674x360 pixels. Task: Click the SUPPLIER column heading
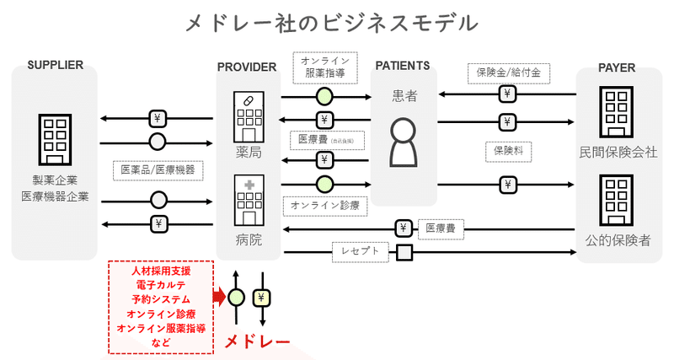pos(55,66)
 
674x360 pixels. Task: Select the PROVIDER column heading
pos(247,67)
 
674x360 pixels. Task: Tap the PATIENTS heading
pos(403,66)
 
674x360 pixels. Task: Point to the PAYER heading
pos(617,67)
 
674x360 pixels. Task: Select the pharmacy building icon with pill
pos(249,116)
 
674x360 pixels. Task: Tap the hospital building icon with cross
pos(249,201)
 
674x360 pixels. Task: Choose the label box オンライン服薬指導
pos(325,67)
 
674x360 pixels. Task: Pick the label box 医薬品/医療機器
pos(158,170)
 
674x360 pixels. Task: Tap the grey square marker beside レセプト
pos(404,251)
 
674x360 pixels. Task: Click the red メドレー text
pos(257,342)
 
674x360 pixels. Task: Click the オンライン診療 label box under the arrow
pos(324,205)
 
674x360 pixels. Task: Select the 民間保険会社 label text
pos(618,153)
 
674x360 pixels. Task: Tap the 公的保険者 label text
pos(618,240)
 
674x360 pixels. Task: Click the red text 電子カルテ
pos(161,285)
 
